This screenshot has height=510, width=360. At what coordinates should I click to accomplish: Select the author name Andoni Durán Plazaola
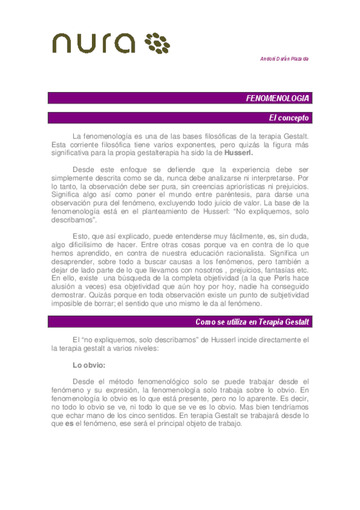pos(284,58)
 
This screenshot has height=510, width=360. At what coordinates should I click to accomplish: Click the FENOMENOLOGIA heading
pos(278,98)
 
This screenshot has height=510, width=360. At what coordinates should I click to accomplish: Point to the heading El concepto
pos(289,118)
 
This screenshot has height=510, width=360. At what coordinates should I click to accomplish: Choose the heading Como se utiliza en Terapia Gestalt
pos(252,322)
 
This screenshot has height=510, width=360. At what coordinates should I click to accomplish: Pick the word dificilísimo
pos(86,236)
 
